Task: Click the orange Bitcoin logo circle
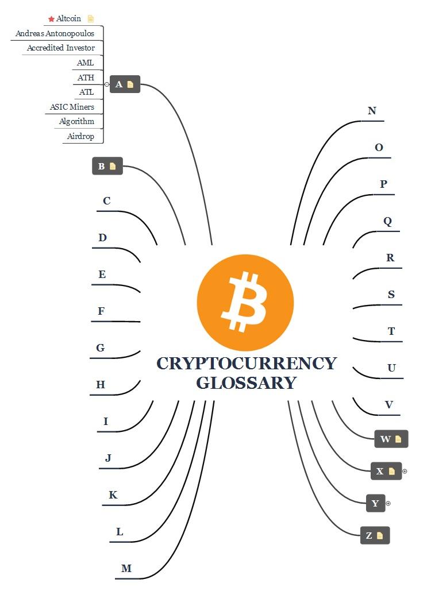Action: click(245, 302)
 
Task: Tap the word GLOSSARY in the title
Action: click(246, 383)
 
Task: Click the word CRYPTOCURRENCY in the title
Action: click(246, 364)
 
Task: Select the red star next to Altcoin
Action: click(51, 19)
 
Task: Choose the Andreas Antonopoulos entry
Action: click(55, 33)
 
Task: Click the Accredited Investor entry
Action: click(61, 48)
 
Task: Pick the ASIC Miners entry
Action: click(72, 107)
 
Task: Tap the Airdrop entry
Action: click(80, 136)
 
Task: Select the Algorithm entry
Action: click(76, 121)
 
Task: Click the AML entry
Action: click(85, 63)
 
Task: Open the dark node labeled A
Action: click(119, 84)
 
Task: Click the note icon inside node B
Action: click(113, 167)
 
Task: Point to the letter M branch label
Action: click(126, 569)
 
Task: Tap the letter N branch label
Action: click(372, 111)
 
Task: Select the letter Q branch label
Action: click(387, 221)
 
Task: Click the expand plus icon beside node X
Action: click(405, 472)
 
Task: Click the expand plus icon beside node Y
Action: click(388, 504)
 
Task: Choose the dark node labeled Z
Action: click(369, 536)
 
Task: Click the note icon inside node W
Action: click(398, 439)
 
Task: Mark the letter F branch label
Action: click(101, 311)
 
